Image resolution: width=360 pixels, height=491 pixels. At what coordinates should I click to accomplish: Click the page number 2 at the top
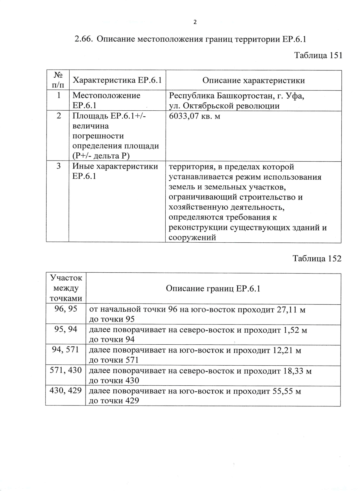click(195, 22)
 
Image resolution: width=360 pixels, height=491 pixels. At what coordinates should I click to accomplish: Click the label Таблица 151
click(318, 55)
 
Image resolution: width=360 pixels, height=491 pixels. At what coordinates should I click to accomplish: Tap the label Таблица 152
click(317, 259)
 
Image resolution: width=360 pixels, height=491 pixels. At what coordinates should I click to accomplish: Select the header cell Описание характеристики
click(253, 80)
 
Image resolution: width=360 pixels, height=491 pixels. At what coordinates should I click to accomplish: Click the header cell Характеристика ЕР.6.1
click(117, 80)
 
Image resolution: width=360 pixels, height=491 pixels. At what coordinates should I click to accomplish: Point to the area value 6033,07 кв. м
click(194, 116)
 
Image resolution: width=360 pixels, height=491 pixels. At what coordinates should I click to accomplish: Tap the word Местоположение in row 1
click(106, 96)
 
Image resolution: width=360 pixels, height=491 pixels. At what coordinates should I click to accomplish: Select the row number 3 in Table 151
click(59, 166)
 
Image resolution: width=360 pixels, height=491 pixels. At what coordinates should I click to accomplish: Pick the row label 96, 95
click(66, 309)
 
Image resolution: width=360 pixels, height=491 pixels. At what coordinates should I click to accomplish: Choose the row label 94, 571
click(65, 349)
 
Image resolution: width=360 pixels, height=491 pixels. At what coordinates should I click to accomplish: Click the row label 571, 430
click(66, 370)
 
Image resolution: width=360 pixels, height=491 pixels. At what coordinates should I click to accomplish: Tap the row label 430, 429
click(66, 390)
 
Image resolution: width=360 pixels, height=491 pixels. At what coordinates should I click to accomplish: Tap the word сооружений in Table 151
click(192, 238)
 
